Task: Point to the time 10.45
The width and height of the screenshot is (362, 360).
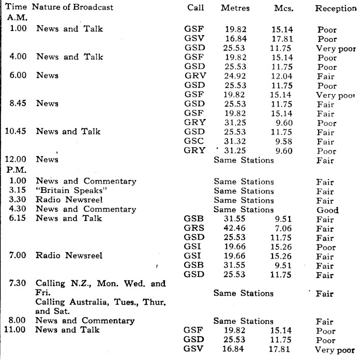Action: [17, 131]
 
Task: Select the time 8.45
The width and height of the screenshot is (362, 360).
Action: [19, 103]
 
